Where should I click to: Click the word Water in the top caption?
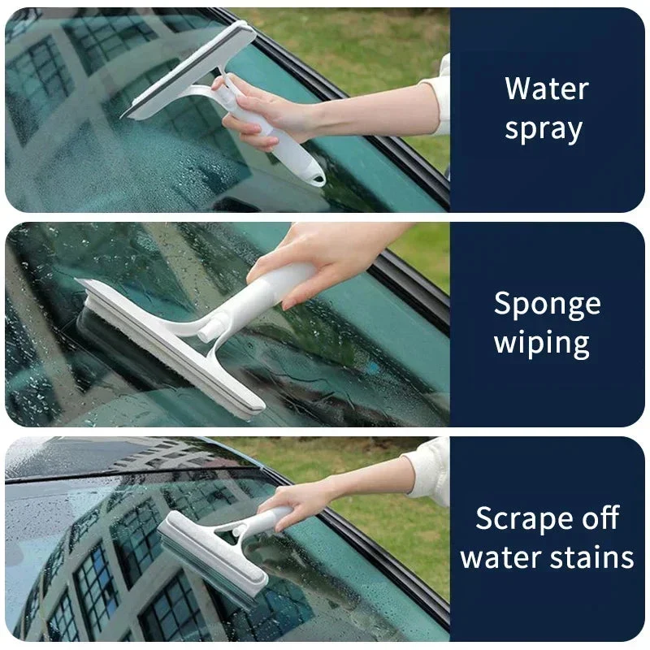547,88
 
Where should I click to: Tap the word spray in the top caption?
544,130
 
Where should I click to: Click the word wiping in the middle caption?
542,344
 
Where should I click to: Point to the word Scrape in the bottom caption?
524,518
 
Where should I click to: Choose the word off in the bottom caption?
600,517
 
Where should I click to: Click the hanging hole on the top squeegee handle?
318,180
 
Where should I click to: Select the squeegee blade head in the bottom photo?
212,557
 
